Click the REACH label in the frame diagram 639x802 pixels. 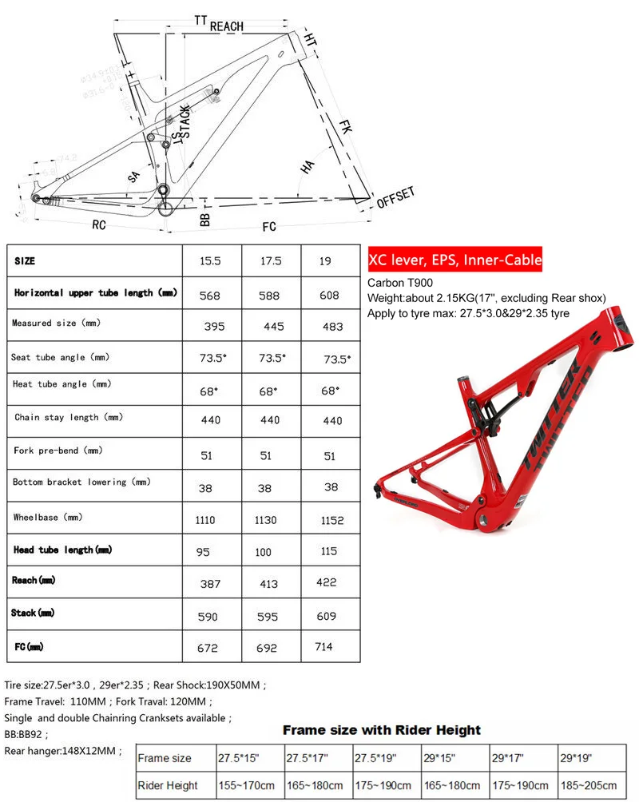[227, 26]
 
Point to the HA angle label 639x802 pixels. [308, 167]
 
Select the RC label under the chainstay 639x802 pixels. [98, 225]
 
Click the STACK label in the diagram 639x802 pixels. [185, 122]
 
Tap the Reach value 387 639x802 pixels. [210, 584]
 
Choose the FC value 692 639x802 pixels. [268, 649]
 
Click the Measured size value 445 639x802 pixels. [268, 326]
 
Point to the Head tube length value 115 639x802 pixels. [327, 551]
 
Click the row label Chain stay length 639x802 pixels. [56, 417]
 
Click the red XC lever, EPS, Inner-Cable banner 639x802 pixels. [455, 260]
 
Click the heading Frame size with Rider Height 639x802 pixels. [382, 730]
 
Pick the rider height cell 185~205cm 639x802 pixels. [589, 785]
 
